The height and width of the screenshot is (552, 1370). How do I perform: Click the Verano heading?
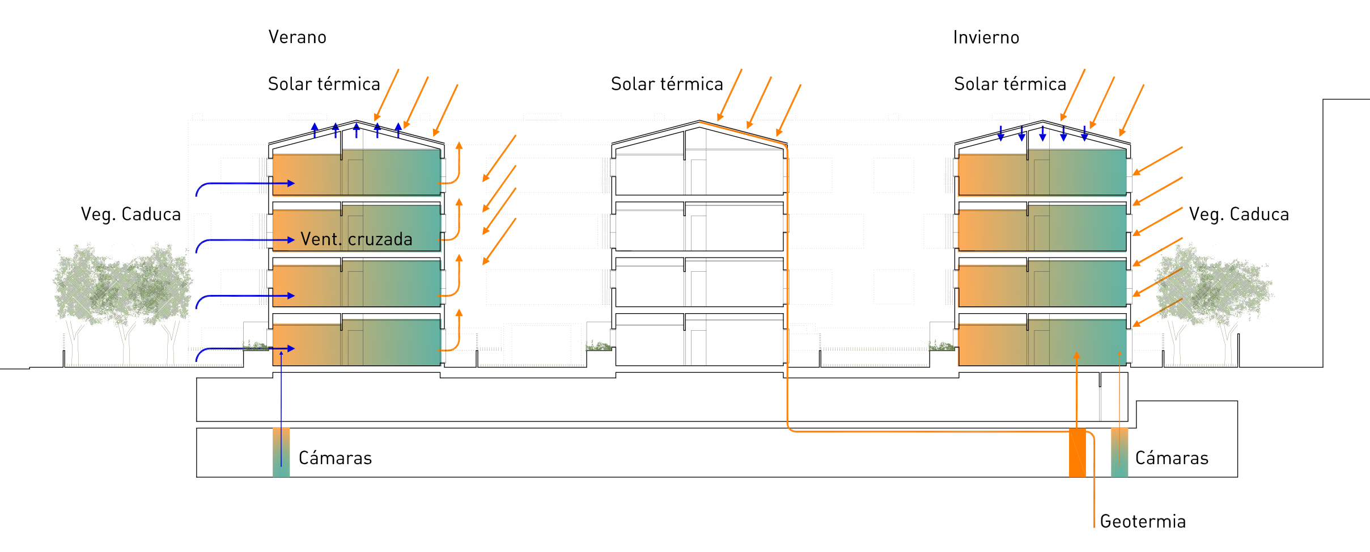[x=297, y=37]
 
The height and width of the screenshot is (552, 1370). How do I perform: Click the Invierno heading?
[x=986, y=37]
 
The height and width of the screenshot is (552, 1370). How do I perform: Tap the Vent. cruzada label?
[x=356, y=239]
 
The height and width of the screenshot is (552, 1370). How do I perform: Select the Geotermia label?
[x=1142, y=521]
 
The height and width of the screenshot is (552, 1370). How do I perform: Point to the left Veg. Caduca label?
[x=130, y=214]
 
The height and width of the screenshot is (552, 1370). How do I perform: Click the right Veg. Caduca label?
[x=1238, y=214]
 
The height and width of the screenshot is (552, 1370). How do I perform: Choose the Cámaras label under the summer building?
[x=335, y=458]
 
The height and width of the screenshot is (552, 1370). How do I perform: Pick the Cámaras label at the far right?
[x=1172, y=458]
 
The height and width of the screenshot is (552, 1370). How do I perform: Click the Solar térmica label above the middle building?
[x=667, y=84]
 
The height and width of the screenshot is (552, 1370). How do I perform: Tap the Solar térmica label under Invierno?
[x=1010, y=84]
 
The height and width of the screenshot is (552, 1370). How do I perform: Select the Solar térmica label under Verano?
[x=324, y=84]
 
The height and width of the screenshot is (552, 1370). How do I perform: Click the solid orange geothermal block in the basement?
[x=1077, y=452]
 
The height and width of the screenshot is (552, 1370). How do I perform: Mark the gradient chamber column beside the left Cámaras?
[x=281, y=452]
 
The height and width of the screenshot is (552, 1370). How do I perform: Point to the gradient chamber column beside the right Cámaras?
[x=1119, y=452]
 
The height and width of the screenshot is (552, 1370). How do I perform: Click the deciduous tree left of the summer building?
[x=122, y=289]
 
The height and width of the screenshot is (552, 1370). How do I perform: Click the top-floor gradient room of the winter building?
[x=1042, y=173]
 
